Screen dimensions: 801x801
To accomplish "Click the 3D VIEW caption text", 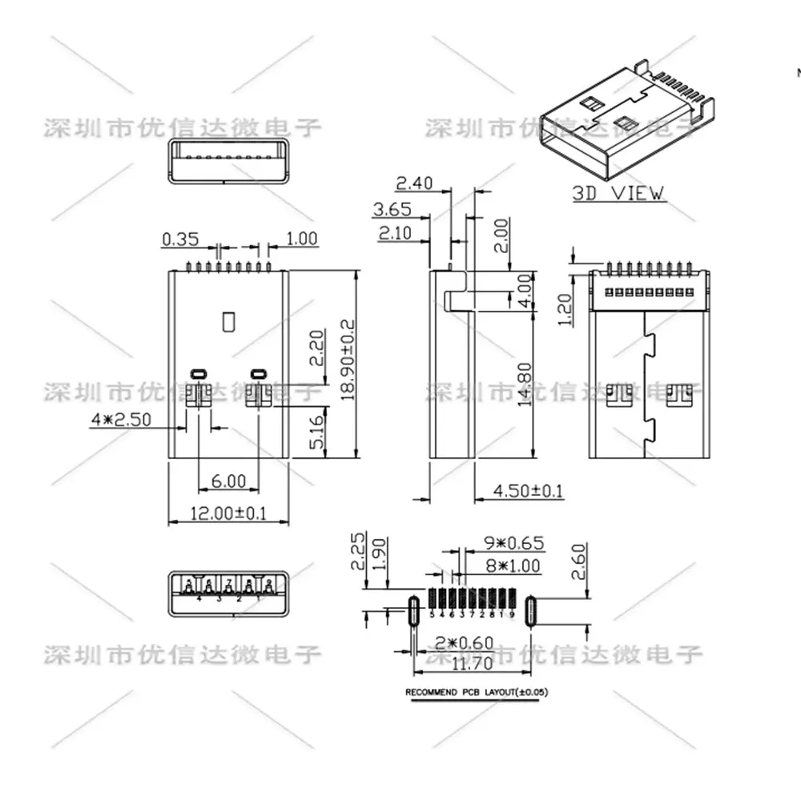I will tap(618, 192).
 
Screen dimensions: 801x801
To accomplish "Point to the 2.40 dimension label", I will tap(415, 183).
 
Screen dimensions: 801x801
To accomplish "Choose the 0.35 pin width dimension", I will tap(179, 238).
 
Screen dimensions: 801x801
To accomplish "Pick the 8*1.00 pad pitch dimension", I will tap(513, 566).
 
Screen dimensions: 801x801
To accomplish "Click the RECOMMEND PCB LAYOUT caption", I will tap(478, 692).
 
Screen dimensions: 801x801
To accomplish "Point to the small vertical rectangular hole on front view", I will tap(228, 320).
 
